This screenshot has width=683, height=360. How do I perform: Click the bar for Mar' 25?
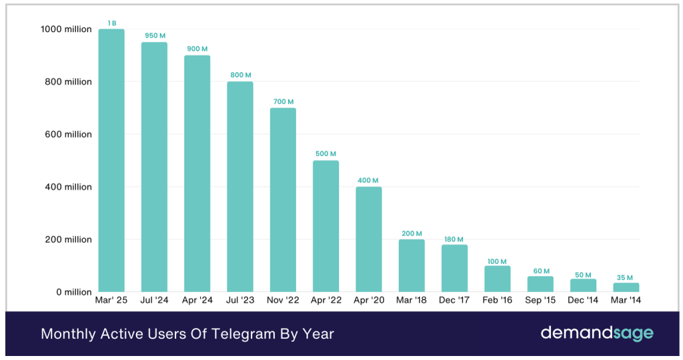pyautogui.click(x=111, y=160)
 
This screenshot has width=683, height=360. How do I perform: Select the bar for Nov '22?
pyautogui.click(x=283, y=200)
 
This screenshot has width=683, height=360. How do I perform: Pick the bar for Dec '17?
pyautogui.click(x=454, y=268)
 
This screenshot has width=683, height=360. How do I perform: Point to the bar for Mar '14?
pyautogui.click(x=626, y=287)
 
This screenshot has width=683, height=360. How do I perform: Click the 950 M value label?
pyautogui.click(x=154, y=35)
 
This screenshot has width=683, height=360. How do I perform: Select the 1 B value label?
pyautogui.click(x=111, y=23)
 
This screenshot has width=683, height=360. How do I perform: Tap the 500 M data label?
pyautogui.click(x=326, y=154)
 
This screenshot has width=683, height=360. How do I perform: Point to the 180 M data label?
pyautogui.click(x=454, y=239)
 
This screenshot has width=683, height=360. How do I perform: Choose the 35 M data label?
pyautogui.click(x=626, y=277)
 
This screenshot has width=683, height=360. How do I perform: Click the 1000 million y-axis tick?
pyautogui.click(x=66, y=29)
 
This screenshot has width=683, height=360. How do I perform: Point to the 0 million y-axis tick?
pyautogui.click(x=74, y=292)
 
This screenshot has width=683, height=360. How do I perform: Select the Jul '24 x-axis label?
pyautogui.click(x=154, y=301)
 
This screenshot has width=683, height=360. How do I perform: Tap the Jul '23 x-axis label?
pyautogui.click(x=240, y=301)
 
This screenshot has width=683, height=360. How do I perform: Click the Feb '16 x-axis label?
pyautogui.click(x=498, y=301)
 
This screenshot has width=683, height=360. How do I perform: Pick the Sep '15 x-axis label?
pyautogui.click(x=540, y=301)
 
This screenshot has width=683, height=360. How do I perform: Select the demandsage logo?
pyautogui.click(x=597, y=333)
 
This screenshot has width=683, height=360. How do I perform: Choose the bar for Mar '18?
pyautogui.click(x=412, y=265)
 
